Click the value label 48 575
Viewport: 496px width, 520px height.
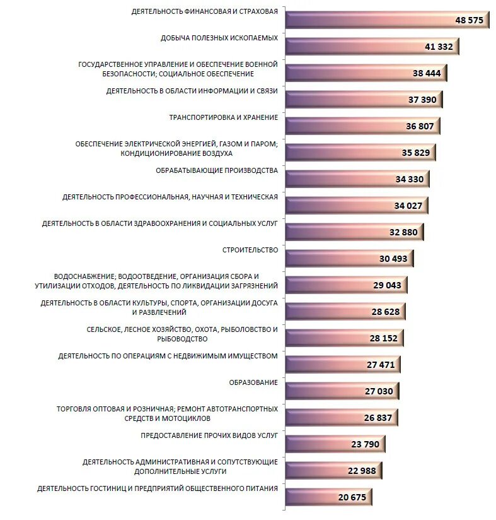tap(469, 20)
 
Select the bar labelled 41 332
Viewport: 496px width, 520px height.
tap(372, 47)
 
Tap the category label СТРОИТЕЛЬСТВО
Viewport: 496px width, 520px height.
tap(250, 250)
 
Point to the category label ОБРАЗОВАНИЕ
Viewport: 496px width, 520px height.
tap(253, 382)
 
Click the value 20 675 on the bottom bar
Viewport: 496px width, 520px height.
tap(352, 497)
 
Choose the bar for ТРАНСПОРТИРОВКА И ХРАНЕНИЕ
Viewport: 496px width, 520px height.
tap(363, 126)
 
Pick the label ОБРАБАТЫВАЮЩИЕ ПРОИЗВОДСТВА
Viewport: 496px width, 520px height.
tap(217, 170)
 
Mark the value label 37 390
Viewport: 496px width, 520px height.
tap(422, 100)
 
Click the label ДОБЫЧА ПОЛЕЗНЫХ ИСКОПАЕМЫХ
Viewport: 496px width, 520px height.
tap(219, 38)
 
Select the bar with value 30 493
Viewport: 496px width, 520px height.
tap(350, 259)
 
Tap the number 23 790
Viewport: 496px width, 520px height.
tap(365, 444)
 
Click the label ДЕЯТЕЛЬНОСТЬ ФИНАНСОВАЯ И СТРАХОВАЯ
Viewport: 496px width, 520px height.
tap(205, 11)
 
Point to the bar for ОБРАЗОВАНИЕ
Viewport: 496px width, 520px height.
tap(342, 391)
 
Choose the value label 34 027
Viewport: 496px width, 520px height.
tap(408, 206)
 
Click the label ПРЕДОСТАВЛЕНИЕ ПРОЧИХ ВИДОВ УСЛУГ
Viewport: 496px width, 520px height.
tap(209, 436)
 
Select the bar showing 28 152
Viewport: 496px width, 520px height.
tap(344, 338)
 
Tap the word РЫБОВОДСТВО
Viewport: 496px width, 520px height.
tap(182, 339)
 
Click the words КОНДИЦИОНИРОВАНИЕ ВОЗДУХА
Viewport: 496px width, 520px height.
tap(176, 153)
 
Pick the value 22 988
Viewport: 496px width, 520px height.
tap(362, 471)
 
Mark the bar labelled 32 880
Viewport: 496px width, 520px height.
tap(355, 232)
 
